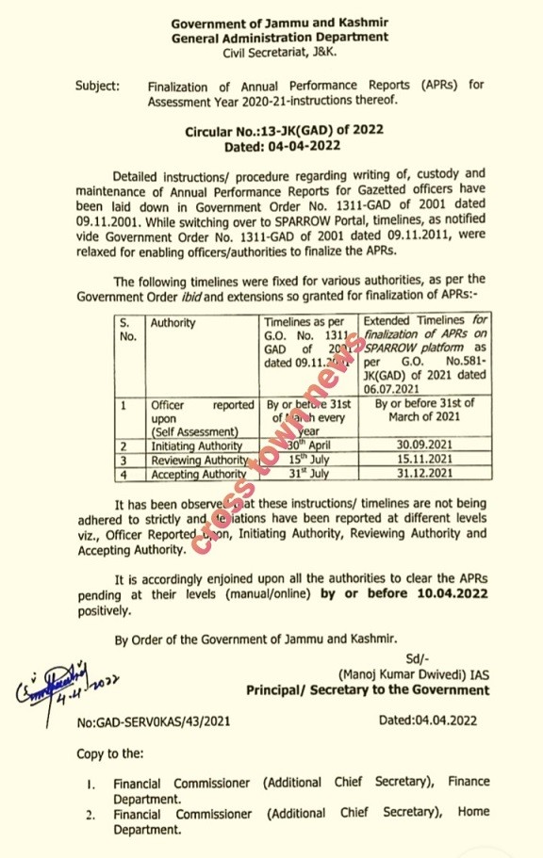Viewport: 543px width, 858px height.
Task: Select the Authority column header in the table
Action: tap(173, 322)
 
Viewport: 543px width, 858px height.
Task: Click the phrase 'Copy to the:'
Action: tap(111, 753)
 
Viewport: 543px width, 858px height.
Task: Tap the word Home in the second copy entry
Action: tap(474, 812)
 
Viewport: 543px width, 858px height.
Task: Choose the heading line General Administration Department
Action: tap(279, 37)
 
